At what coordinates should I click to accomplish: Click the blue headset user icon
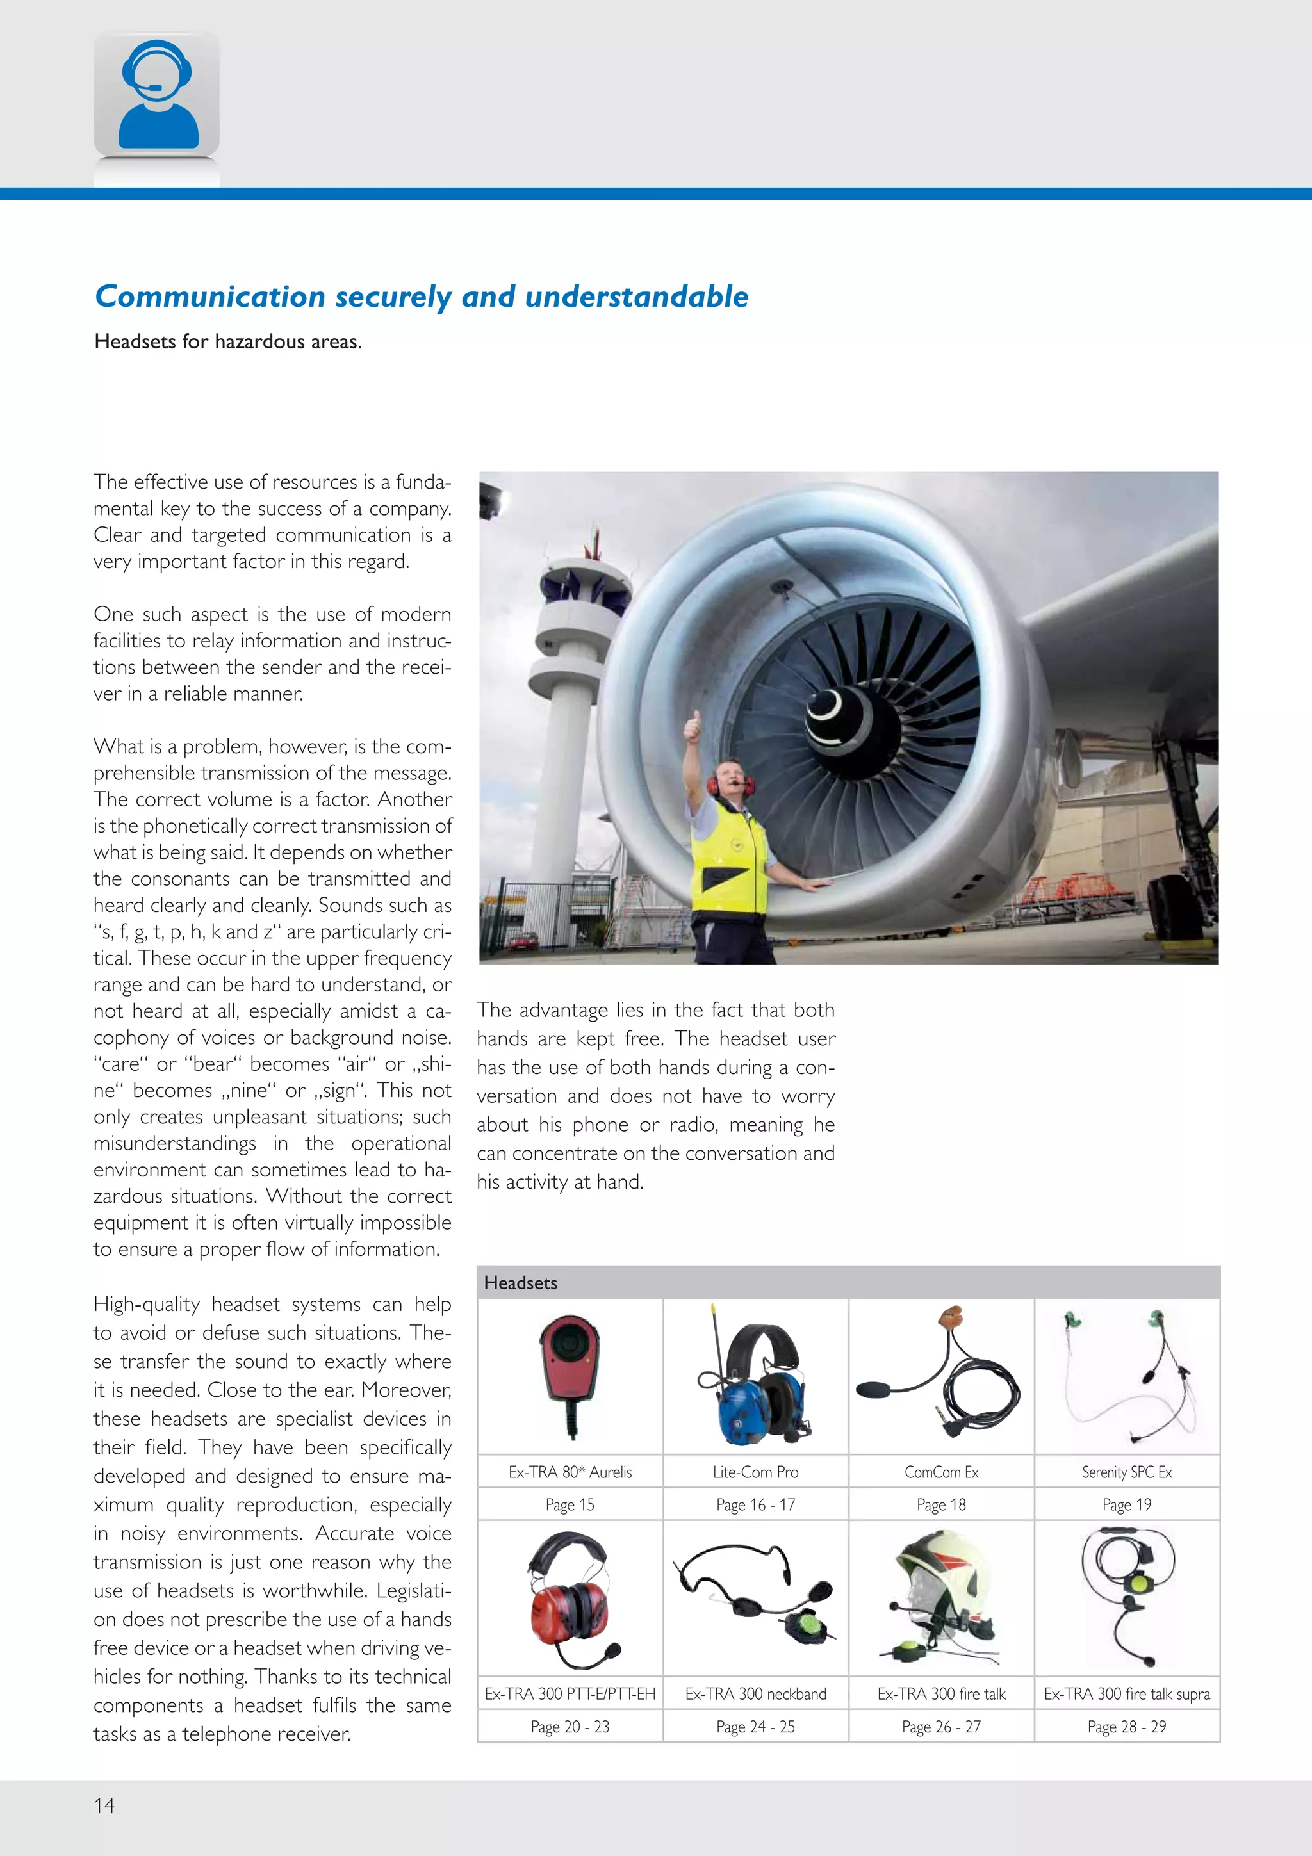tap(157, 95)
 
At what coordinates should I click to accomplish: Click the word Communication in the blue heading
tap(209, 297)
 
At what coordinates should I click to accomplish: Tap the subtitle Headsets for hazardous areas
tap(228, 342)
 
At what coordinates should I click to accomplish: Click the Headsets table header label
tap(521, 1283)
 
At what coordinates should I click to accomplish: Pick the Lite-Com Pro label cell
tap(755, 1472)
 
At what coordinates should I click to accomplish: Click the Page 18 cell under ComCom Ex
tap(941, 1504)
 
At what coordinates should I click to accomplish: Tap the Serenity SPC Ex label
tap(1126, 1472)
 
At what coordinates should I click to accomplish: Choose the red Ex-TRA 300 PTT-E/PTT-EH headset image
tap(570, 1600)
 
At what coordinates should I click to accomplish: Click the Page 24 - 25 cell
tap(755, 1727)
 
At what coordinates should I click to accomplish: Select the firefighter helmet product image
tap(941, 1597)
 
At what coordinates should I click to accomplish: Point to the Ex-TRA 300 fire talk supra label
tap(1126, 1693)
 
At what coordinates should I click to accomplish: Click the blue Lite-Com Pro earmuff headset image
tap(755, 1378)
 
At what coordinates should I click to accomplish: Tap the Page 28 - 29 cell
tap(1126, 1727)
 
